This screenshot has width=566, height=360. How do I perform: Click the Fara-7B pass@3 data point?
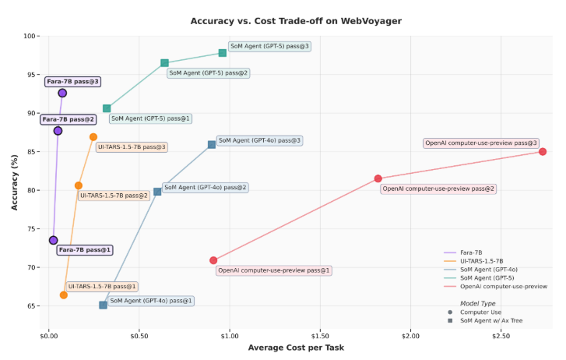pos(62,93)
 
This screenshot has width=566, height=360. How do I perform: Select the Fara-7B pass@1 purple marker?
pos(53,240)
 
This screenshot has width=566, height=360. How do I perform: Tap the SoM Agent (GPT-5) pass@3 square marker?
pos(223,53)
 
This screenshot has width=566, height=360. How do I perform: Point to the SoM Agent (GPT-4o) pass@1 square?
pos(103,305)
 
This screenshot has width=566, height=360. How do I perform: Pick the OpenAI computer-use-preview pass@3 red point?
pos(543,151)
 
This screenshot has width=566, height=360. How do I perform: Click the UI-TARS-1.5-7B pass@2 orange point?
pos(79,185)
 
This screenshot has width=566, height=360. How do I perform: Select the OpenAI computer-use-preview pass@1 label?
pos(274,270)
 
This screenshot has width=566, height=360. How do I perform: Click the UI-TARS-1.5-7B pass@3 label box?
pos(132,146)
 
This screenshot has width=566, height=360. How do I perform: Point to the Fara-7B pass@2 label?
pos(69,119)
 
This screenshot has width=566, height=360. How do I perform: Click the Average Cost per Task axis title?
pos(296,348)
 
